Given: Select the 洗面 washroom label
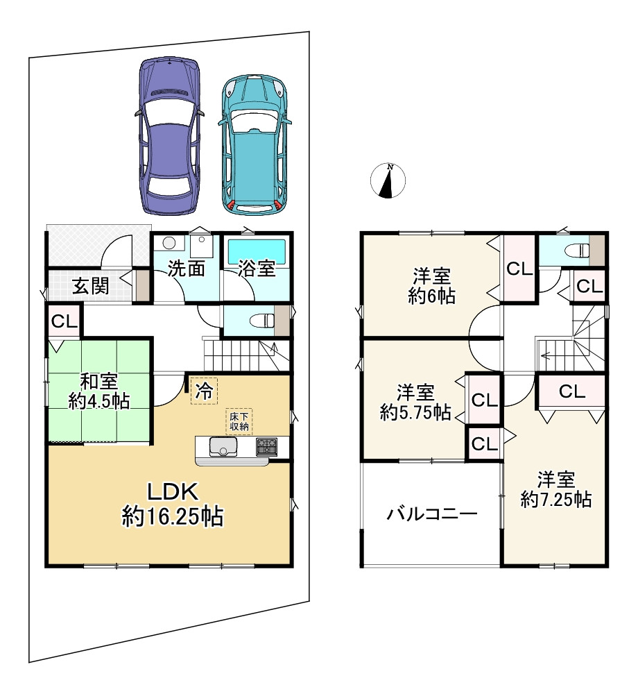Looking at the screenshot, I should tap(186, 269).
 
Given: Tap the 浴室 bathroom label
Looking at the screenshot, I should tap(257, 269).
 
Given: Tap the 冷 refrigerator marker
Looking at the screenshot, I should tap(204, 389).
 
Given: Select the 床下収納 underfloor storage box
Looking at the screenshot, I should tap(238, 421).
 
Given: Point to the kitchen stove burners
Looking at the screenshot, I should tap(266, 446).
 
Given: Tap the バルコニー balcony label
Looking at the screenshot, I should tap(431, 514).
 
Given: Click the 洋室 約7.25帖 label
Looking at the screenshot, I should tap(556, 489).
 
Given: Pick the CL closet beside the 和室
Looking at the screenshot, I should tap(64, 322).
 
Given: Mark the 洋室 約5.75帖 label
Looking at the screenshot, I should tap(415, 403).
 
